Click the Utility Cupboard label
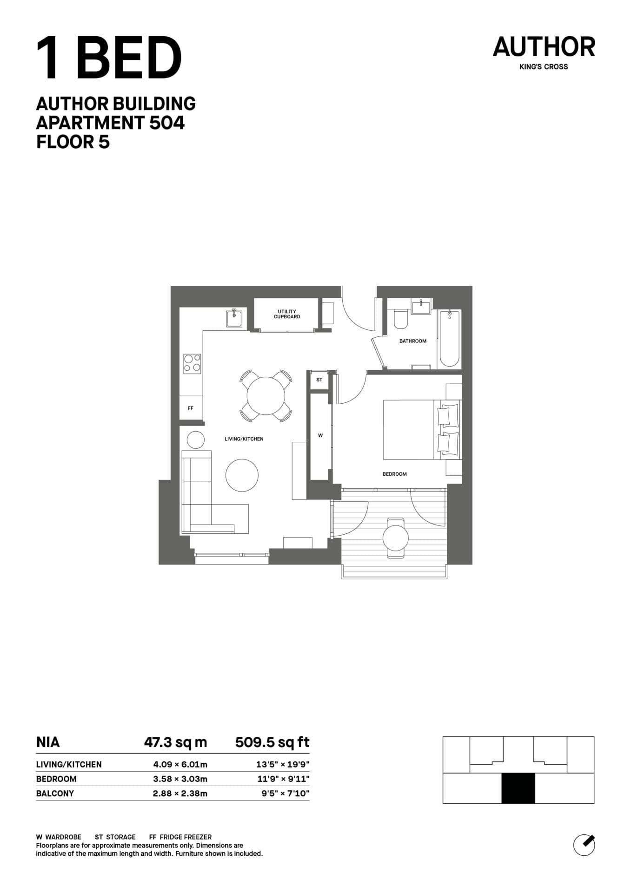[287, 314]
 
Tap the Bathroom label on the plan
[412, 341]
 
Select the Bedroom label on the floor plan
[394, 474]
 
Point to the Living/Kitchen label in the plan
[244, 439]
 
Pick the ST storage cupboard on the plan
[319, 380]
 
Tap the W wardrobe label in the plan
[320, 435]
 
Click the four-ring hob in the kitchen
[192, 363]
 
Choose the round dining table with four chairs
[266, 396]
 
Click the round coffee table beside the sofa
[242, 475]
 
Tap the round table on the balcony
[395, 538]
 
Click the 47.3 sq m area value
[175, 742]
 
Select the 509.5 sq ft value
[272, 742]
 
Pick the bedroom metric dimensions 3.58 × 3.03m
[180, 779]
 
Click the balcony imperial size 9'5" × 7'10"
[285, 794]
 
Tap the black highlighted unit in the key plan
[518, 788]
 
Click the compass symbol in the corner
[584, 844]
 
